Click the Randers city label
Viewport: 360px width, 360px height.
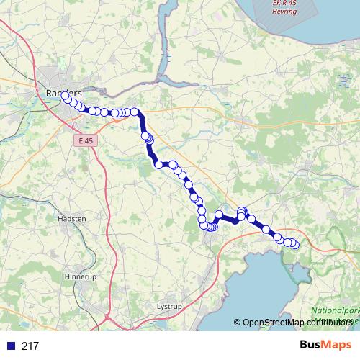point(64,93)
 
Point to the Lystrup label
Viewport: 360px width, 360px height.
point(171,306)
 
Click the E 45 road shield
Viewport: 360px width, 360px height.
point(87,142)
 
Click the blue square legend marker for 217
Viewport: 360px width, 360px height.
point(11,346)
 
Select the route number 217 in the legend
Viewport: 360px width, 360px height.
point(30,346)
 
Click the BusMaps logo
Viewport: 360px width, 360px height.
point(325,346)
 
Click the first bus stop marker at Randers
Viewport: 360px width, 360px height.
point(65,95)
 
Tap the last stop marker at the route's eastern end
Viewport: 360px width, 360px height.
point(294,245)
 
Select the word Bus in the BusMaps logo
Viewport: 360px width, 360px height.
point(311,346)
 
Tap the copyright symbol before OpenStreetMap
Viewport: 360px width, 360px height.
point(237,323)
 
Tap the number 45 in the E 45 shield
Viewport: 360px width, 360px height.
point(91,142)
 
